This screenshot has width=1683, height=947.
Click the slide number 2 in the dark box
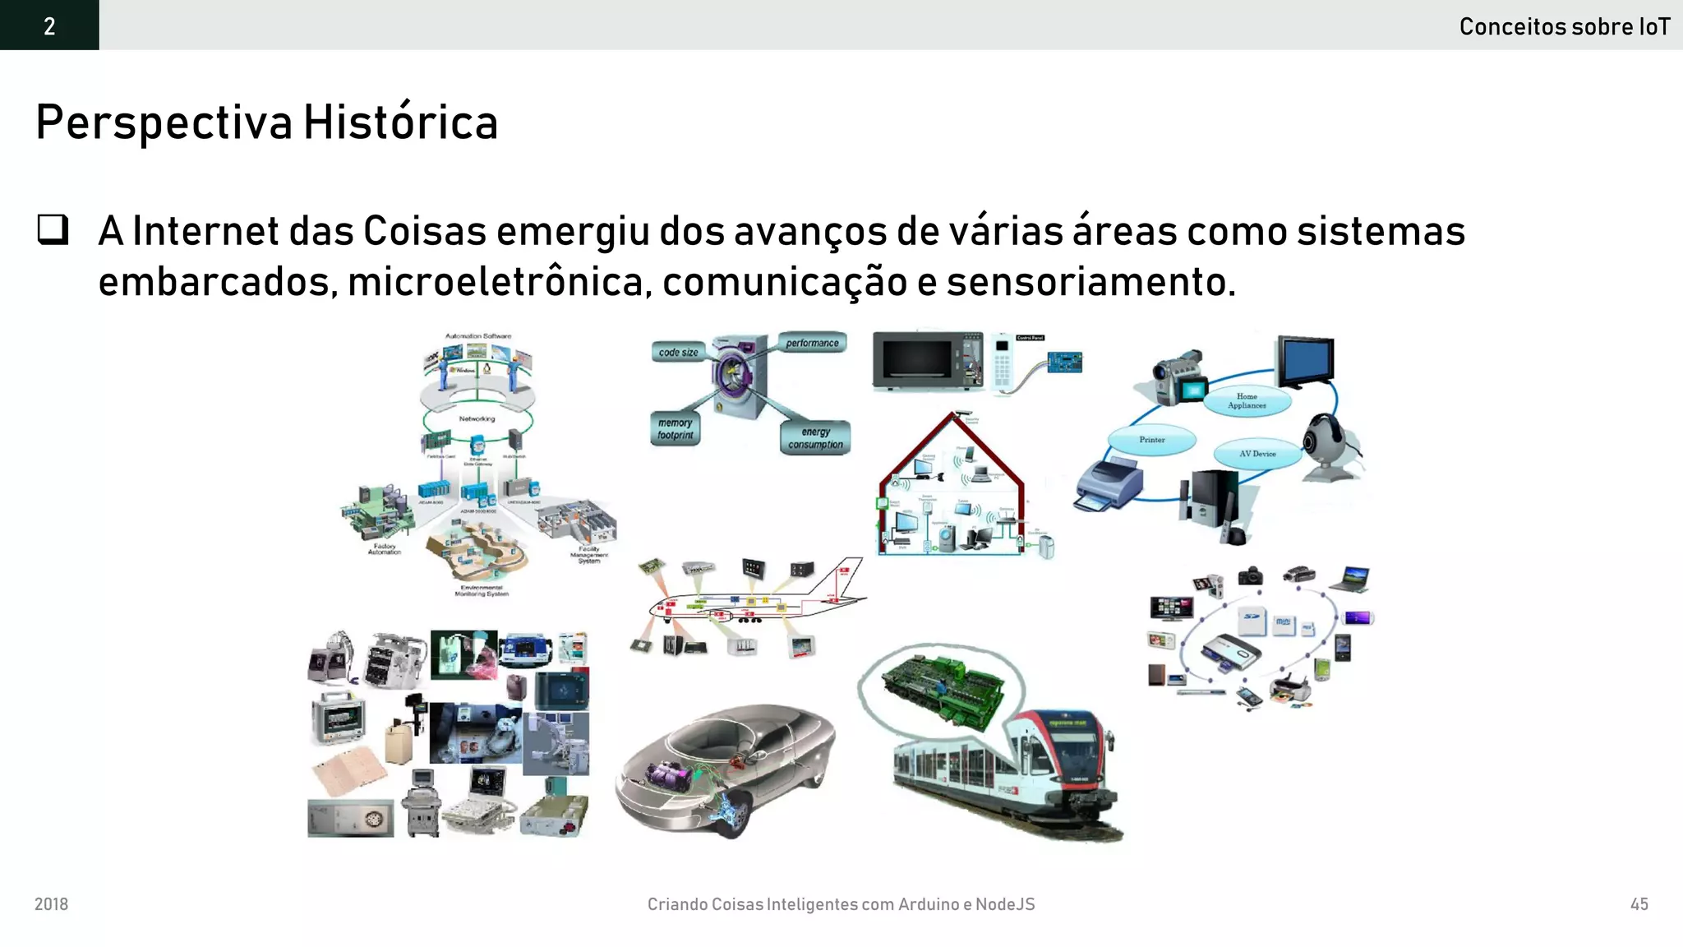(x=49, y=26)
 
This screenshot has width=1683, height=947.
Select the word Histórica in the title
(x=400, y=123)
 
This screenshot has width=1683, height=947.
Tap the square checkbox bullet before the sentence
(x=53, y=229)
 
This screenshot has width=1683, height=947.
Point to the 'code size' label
(x=678, y=353)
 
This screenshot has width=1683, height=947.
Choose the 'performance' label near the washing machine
(x=812, y=343)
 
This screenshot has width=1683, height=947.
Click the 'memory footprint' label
(x=675, y=428)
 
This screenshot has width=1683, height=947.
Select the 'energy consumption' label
(x=815, y=438)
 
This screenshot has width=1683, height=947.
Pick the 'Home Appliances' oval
(x=1247, y=400)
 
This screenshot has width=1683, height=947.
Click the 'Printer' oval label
(x=1151, y=440)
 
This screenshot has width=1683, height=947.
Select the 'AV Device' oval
(x=1257, y=454)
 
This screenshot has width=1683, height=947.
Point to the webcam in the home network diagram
(x=1325, y=445)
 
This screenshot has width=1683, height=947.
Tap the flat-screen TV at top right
(x=1305, y=360)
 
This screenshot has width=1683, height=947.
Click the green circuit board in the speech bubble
(x=943, y=689)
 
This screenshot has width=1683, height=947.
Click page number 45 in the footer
(x=1639, y=904)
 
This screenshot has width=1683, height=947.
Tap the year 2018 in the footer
(x=51, y=904)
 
